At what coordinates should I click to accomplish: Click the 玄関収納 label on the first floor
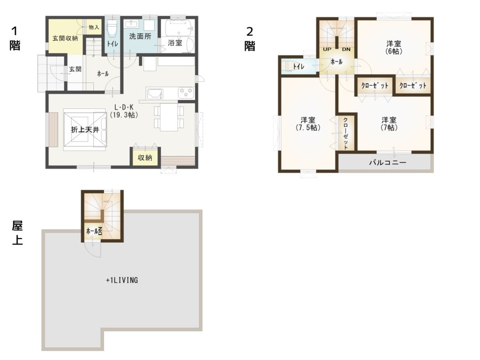(x=65, y=38)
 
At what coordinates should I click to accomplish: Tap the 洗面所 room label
(x=140, y=37)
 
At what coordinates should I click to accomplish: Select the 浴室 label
(x=175, y=43)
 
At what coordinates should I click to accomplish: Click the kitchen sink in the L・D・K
(x=155, y=93)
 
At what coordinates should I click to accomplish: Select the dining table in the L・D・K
(x=169, y=117)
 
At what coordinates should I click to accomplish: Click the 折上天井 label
(x=85, y=130)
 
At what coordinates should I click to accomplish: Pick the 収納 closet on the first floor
(x=145, y=157)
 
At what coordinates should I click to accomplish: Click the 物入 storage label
(x=94, y=27)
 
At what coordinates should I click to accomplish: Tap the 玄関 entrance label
(x=75, y=69)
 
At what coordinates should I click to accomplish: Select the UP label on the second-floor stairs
(x=327, y=49)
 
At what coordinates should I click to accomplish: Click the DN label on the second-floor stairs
(x=346, y=49)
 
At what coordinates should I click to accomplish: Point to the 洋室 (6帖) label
(x=394, y=47)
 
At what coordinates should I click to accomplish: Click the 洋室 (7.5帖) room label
(x=308, y=124)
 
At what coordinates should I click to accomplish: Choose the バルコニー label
(x=388, y=163)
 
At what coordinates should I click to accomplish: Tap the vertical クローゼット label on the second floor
(x=345, y=134)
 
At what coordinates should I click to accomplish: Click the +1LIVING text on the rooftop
(x=122, y=280)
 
